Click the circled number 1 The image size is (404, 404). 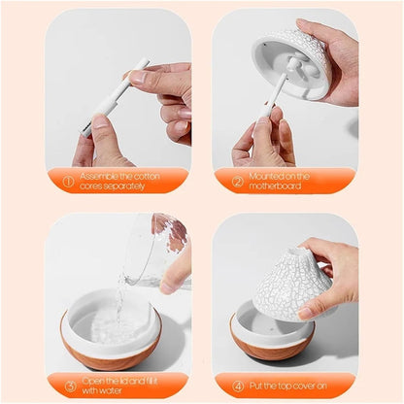point(67,180)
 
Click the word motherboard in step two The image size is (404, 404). point(282,185)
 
